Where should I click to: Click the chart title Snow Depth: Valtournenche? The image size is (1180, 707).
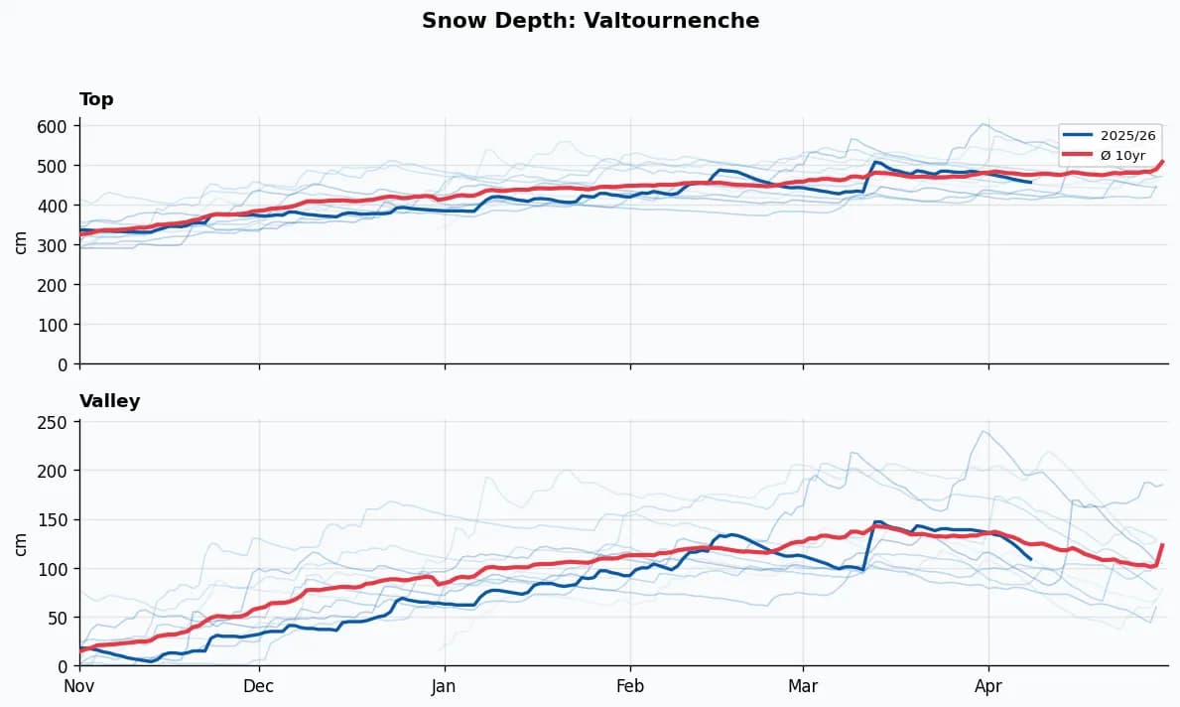[x=590, y=21]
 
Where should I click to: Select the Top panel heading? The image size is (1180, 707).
[x=96, y=99]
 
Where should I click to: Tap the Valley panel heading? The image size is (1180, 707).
[x=109, y=401]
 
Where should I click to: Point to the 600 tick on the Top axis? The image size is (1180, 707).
[x=53, y=126]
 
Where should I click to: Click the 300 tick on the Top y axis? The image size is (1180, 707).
[x=53, y=245]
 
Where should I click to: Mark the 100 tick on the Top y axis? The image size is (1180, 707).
[x=53, y=325]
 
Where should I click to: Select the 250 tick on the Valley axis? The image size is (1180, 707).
[x=53, y=422]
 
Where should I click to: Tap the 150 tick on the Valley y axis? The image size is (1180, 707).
[x=53, y=519]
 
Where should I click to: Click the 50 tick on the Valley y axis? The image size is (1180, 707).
[x=58, y=618]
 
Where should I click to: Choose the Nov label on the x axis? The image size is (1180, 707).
[x=79, y=685]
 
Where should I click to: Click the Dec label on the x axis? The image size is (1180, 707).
[x=259, y=685]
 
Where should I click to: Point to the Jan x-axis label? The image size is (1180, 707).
[x=445, y=685]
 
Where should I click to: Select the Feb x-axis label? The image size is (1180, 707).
[x=630, y=685]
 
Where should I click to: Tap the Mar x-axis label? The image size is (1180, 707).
[x=803, y=685]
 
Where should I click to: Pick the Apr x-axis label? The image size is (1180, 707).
[x=988, y=685]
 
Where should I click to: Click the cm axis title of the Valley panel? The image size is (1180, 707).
[x=21, y=543]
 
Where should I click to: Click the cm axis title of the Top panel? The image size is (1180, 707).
[x=21, y=241]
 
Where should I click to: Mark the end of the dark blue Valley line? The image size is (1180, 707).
[x=1031, y=560]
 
